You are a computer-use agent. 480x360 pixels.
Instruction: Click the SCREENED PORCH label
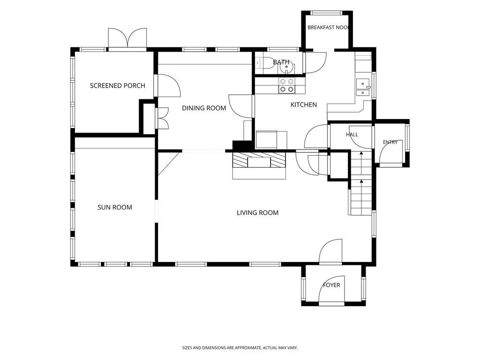(118, 86)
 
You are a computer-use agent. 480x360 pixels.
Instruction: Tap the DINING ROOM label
(204, 108)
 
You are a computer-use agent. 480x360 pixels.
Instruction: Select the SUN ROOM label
(115, 207)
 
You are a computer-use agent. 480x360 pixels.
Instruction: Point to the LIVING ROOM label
(257, 213)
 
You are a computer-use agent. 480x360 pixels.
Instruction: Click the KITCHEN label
(304, 105)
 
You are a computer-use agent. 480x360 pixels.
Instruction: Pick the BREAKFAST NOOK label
(328, 28)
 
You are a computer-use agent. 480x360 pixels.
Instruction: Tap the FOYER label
(331, 285)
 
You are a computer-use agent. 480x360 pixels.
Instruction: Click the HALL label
(352, 135)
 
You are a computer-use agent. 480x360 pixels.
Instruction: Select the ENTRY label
(390, 142)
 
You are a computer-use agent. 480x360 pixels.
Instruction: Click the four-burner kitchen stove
(287, 85)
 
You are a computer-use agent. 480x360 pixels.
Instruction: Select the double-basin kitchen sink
(363, 87)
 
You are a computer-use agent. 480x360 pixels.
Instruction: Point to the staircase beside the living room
(361, 183)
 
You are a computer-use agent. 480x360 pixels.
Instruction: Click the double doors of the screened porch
(127, 38)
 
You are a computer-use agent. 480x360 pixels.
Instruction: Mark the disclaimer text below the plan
(240, 348)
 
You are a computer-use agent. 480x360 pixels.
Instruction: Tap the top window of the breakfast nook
(327, 13)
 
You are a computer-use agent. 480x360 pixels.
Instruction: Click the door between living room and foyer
(330, 251)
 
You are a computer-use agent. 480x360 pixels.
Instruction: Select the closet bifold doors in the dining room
(162, 118)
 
